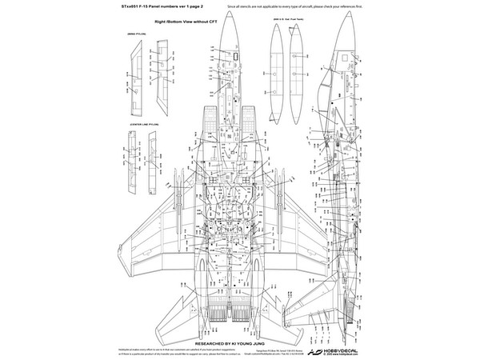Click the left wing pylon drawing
pos(134,76)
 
